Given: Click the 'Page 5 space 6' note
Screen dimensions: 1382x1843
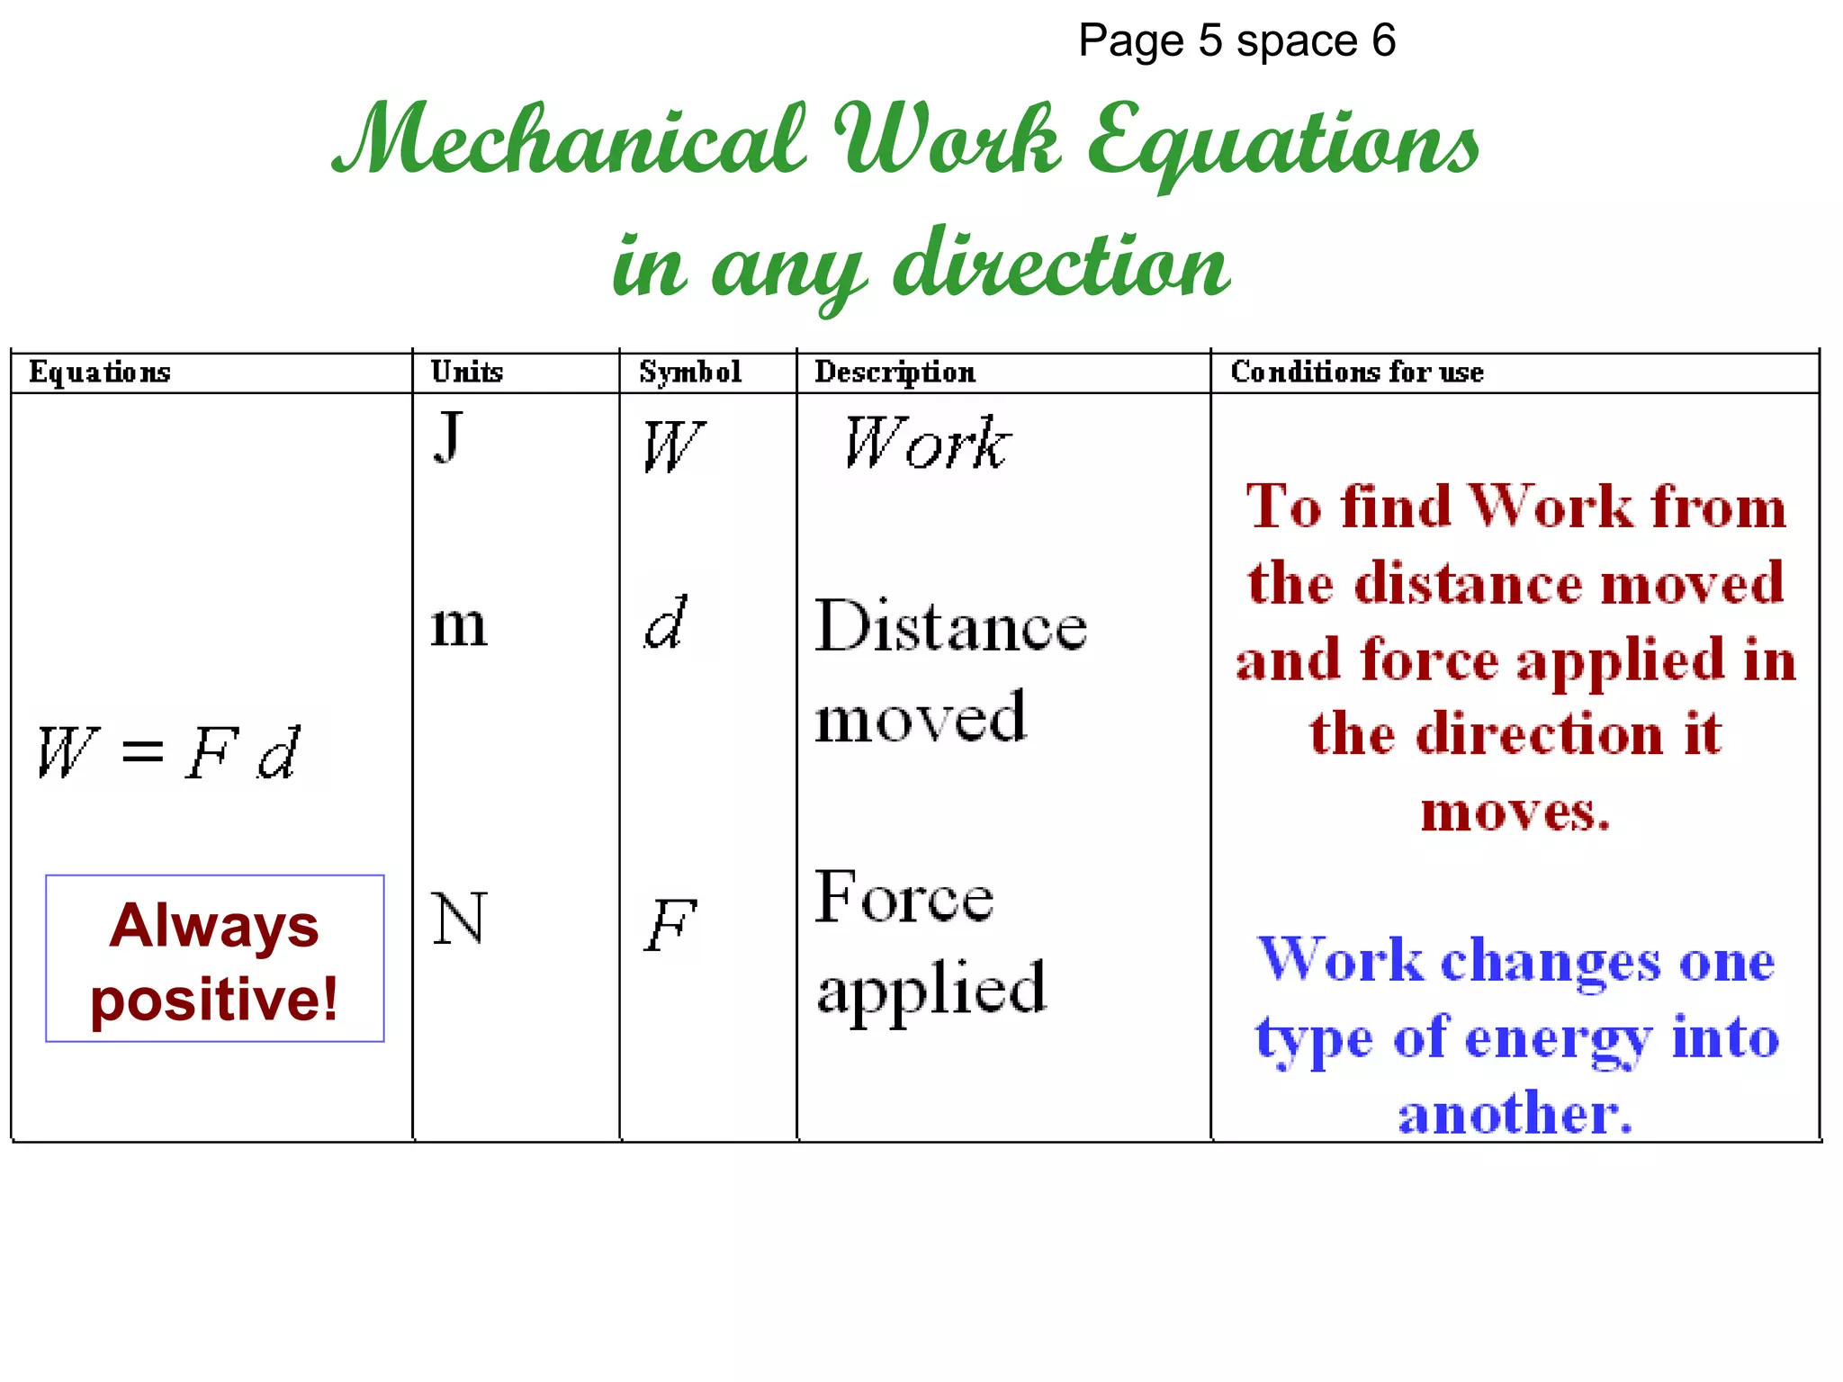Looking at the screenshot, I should tap(1236, 41).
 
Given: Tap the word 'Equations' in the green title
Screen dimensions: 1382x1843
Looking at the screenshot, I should tap(1282, 144).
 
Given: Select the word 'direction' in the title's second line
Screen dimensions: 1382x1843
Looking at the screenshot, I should tap(1062, 265).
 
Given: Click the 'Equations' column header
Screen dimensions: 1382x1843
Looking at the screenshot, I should tap(100, 372).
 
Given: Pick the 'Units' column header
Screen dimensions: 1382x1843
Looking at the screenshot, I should tap(466, 372).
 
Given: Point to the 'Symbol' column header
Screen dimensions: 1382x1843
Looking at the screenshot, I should tap(690, 372).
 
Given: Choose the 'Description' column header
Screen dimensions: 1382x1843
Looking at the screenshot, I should tap(895, 372).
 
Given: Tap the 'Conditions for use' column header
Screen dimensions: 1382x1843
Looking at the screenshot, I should tap(1357, 372).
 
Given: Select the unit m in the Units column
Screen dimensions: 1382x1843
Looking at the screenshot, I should tap(459, 625).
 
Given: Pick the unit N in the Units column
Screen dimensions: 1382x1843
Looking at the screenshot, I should tap(459, 919).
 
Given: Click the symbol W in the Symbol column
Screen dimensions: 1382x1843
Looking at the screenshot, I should tap(672, 446).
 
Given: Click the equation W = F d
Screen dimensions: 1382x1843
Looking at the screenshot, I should tap(168, 752).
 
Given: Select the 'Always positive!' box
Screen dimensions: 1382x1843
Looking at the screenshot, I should tap(215, 959).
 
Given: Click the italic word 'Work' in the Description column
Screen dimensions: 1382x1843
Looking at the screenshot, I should tap(927, 443).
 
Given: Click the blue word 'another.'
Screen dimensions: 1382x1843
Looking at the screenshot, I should tap(1515, 1114).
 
